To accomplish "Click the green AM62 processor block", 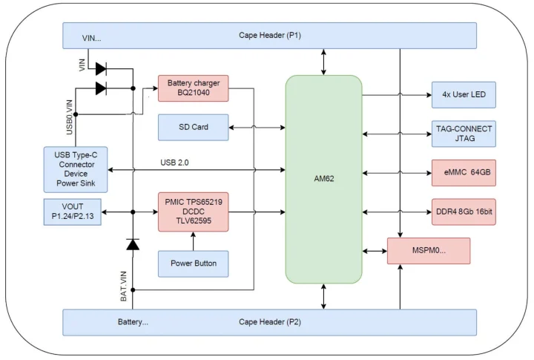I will [323, 179].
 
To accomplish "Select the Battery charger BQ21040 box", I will [193, 88].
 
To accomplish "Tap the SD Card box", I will [193, 127].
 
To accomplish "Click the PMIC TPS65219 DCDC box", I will [193, 212].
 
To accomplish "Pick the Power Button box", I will [193, 264].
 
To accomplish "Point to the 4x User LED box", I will [464, 95].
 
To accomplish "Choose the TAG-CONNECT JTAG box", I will [464, 134].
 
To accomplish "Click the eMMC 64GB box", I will [464, 173].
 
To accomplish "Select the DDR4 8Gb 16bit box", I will [464, 212].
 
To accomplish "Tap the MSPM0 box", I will [429, 251].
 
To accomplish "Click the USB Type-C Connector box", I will [75, 168].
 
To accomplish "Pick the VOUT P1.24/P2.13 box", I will [73, 212].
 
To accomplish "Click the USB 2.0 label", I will [176, 163].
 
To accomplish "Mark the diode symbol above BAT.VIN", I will [133, 244].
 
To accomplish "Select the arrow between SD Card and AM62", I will [257, 127].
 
